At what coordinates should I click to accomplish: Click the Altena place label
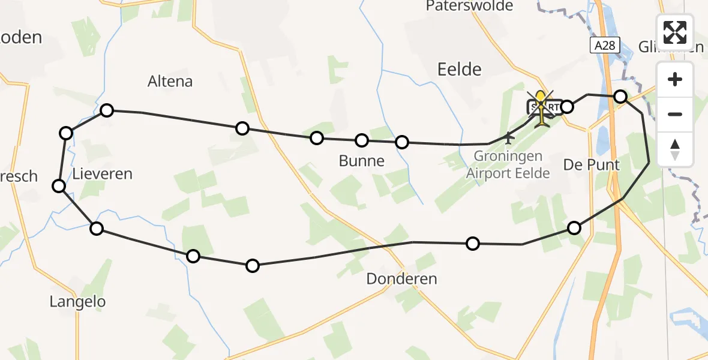pos(170,81)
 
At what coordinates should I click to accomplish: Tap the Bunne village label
pos(362,161)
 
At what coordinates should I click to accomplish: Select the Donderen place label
pos(401,278)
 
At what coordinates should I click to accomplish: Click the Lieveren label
pos(102,174)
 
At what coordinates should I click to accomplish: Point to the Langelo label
pos(77,302)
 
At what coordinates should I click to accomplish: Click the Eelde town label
pos(460,69)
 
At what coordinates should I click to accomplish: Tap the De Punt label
pos(591,164)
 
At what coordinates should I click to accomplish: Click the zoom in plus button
pos(675,79)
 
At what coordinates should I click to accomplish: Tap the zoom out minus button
pos(675,114)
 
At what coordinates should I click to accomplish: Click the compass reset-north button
pos(675,149)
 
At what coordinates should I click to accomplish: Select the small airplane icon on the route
pos(509,138)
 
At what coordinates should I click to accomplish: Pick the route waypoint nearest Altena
pos(107,110)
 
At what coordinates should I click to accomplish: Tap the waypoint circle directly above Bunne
pos(362,140)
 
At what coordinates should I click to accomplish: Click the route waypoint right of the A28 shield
pos(620,97)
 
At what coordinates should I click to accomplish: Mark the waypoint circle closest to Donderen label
pos(473,243)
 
